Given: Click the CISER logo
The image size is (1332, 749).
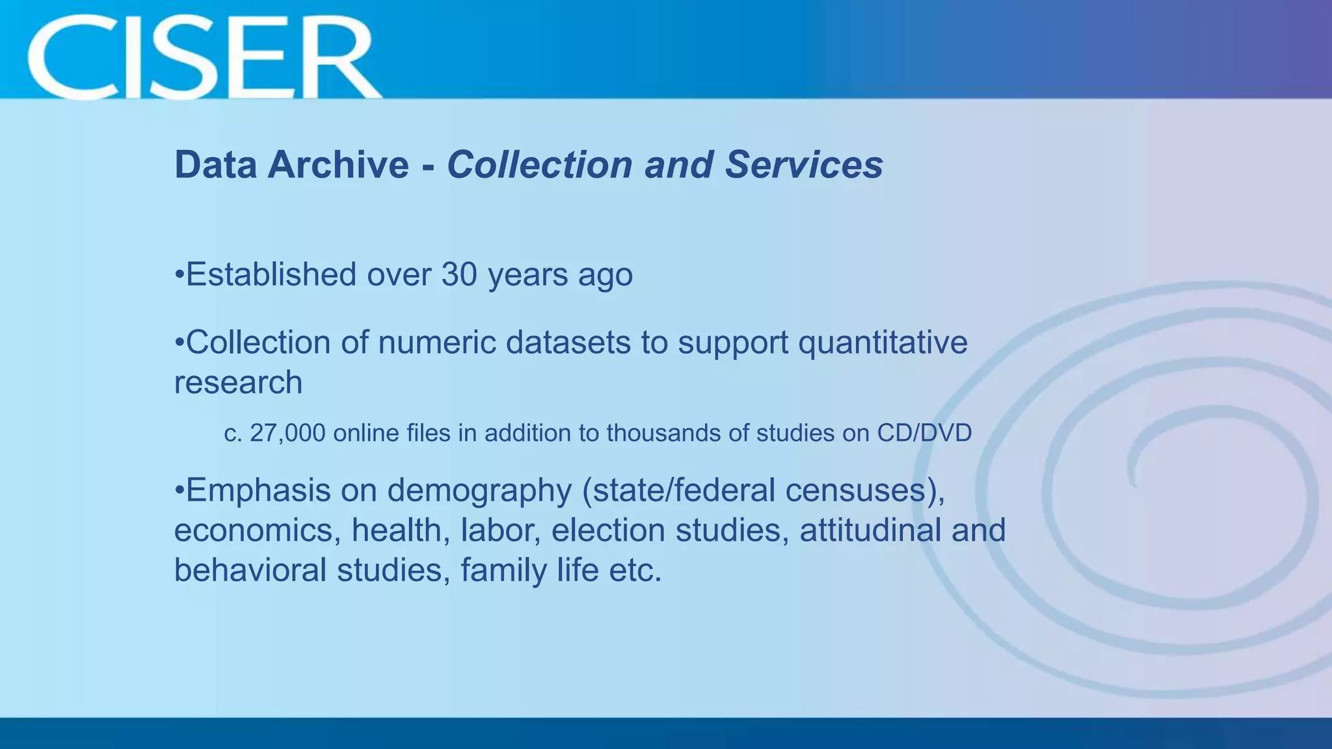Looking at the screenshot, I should coord(202,57).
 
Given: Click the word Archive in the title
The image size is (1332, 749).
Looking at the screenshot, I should coord(338,164).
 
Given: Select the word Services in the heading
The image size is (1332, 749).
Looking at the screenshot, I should coord(804,164).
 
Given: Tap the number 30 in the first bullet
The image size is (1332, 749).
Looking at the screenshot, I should coord(459,274).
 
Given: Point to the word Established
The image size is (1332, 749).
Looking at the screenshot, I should coord(271,274).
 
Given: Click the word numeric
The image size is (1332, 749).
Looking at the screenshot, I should coord(437,343).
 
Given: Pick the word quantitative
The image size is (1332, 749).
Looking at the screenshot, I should coord(883,343).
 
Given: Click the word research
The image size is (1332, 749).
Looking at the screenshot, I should coord(238,382).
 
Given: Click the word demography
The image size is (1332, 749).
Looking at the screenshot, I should coord(479,491).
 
